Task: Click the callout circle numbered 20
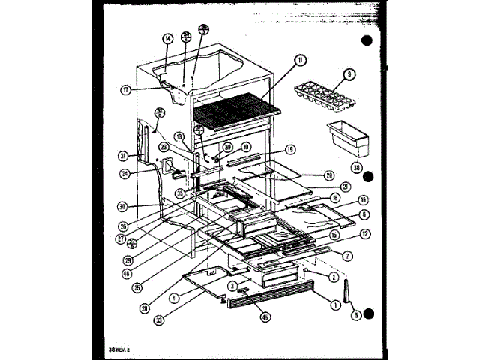[x=329, y=175]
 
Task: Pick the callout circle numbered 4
[x=174, y=298]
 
